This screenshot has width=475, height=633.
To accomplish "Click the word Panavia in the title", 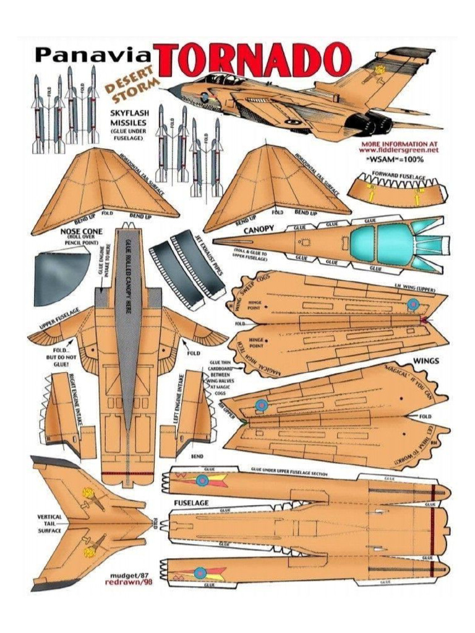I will pos(96,55).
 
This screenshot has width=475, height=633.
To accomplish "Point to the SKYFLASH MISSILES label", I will pos(128,118).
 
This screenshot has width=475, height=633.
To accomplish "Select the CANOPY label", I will pos(258,230).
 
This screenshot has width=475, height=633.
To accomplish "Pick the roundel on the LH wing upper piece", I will pos(413,304).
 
